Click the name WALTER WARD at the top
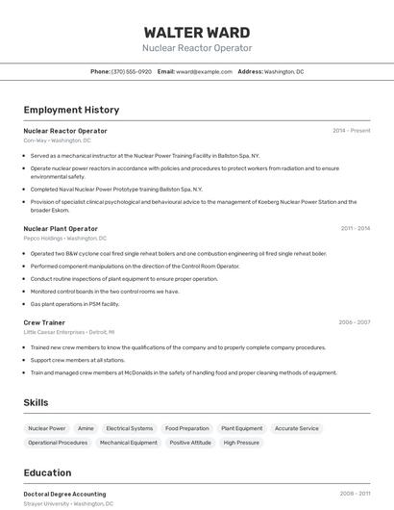click(x=197, y=32)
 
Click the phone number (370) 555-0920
click(x=131, y=71)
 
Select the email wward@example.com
click(x=204, y=71)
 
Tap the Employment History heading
click(x=71, y=110)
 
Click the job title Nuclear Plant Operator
click(x=61, y=229)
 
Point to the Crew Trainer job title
click(x=44, y=322)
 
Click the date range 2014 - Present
click(x=351, y=131)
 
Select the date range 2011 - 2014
click(x=355, y=229)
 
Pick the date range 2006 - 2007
click(x=354, y=322)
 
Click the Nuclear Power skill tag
click(x=47, y=428)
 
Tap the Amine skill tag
click(x=86, y=428)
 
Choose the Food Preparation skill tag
click(x=186, y=428)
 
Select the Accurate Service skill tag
click(x=296, y=428)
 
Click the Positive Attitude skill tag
click(x=190, y=443)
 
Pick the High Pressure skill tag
click(x=241, y=443)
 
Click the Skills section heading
click(x=37, y=402)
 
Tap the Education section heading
click(x=47, y=472)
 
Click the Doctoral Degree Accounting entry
click(x=64, y=494)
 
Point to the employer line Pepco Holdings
click(x=64, y=238)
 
